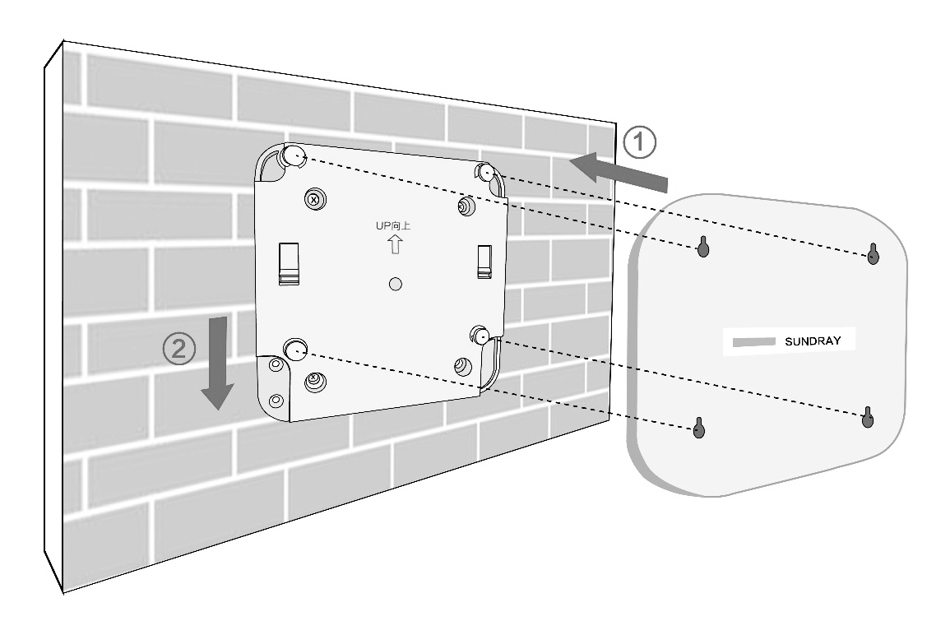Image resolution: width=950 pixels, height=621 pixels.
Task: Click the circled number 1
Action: pyautogui.click(x=639, y=142)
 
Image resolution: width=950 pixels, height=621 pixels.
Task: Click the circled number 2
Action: pyautogui.click(x=179, y=349)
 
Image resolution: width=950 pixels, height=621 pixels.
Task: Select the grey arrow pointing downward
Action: pyautogui.click(x=217, y=362)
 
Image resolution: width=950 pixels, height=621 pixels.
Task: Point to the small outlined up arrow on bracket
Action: pyautogui.click(x=395, y=244)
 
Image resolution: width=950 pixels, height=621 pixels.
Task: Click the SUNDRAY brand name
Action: pyautogui.click(x=813, y=341)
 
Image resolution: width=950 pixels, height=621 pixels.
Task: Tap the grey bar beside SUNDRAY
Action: pyautogui.click(x=753, y=342)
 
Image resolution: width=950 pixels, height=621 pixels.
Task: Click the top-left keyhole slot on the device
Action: pyautogui.click(x=702, y=246)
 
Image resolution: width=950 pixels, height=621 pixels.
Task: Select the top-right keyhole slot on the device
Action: pyautogui.click(x=873, y=253)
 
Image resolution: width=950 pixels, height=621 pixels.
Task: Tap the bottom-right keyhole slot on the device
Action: pyautogui.click(x=868, y=417)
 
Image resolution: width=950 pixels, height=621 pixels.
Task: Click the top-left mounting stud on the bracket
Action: pyautogui.click(x=294, y=155)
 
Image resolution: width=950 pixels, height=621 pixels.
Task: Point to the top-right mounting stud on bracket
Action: pyautogui.click(x=486, y=173)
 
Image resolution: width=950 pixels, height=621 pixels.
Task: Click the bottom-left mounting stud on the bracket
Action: pyautogui.click(x=295, y=349)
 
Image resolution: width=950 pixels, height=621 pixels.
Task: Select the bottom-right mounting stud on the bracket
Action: pyautogui.click(x=481, y=335)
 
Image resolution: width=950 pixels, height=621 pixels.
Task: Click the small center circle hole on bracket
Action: pyautogui.click(x=395, y=284)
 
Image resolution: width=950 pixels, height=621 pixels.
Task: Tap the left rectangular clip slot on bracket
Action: pyautogui.click(x=289, y=263)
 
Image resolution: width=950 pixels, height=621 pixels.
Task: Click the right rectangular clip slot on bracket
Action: pyautogui.click(x=484, y=262)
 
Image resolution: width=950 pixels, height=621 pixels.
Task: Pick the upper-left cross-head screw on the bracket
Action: pyautogui.click(x=314, y=199)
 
